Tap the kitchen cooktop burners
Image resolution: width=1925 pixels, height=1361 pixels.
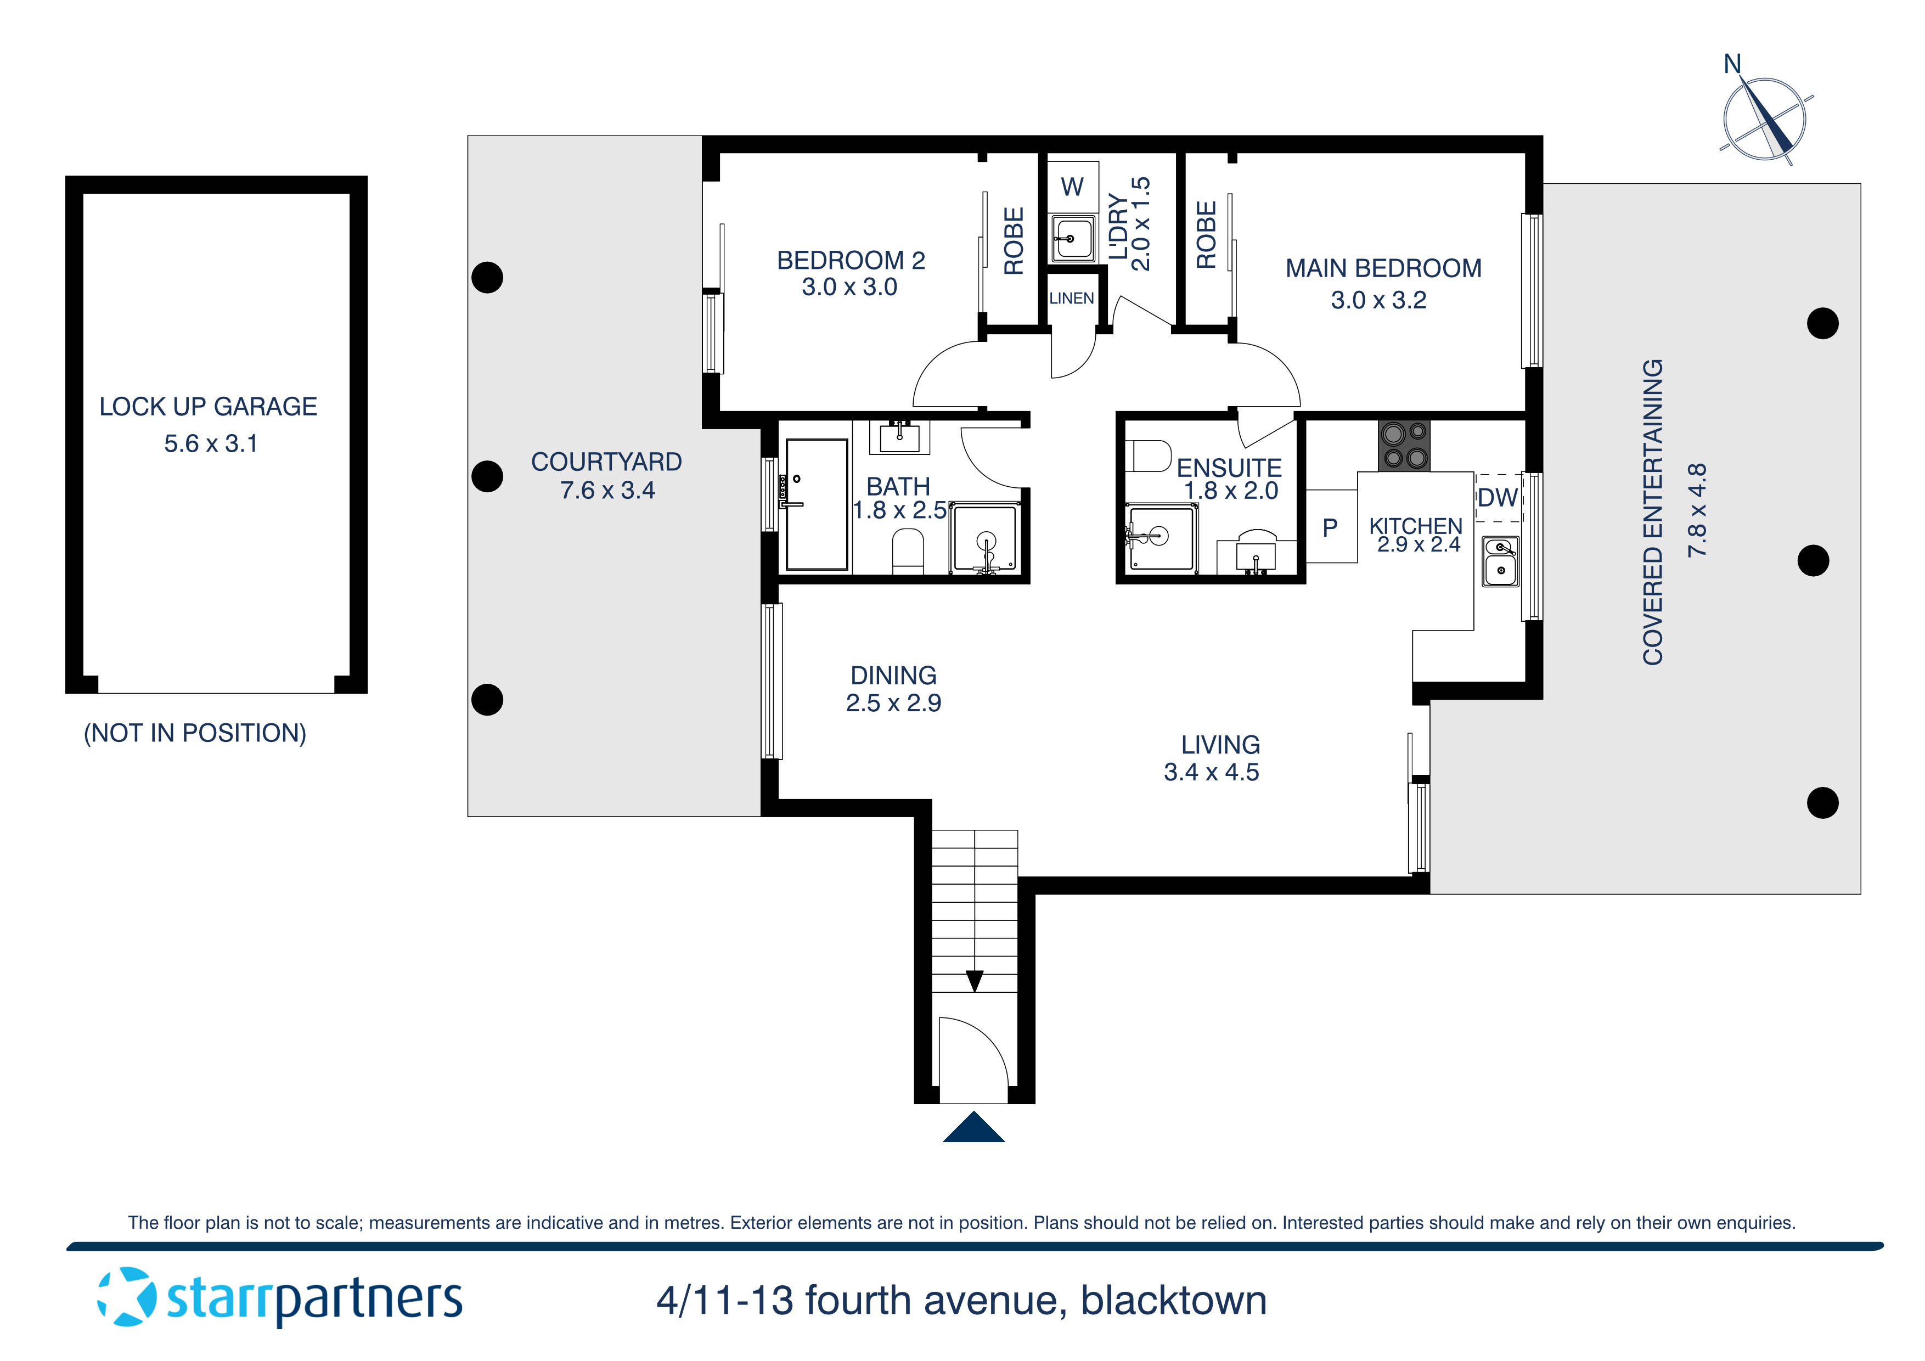(x=1404, y=445)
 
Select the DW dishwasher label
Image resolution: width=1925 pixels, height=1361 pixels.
(x=1498, y=498)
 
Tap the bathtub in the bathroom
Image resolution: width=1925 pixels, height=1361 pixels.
(x=816, y=505)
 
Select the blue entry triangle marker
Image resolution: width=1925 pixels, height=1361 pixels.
(x=973, y=1127)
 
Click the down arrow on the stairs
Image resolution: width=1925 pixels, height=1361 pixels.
(x=974, y=980)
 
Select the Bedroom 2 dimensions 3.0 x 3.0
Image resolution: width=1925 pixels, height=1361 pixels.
(x=849, y=287)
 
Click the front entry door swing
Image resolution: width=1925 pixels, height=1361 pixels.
(x=972, y=1058)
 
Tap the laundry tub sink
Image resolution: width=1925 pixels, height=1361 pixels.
(x=1072, y=239)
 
